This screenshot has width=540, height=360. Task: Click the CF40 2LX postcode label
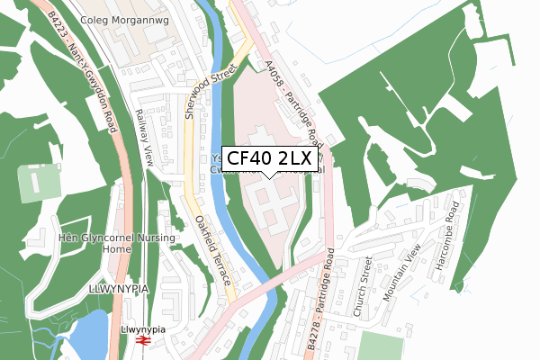[x=269, y=158]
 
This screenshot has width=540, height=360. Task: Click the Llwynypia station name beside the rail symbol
[x=139, y=330]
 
